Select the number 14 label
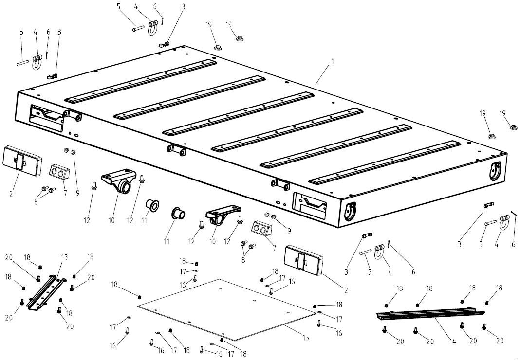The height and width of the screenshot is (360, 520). [x=453, y=342]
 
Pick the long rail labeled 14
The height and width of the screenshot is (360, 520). [x=431, y=314]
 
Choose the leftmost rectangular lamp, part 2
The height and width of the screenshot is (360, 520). [x=22, y=160]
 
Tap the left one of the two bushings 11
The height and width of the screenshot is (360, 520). [x=152, y=206]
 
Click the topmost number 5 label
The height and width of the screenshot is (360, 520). [x=118, y=6]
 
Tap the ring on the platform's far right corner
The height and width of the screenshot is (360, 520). [x=496, y=170]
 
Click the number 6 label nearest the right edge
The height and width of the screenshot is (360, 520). [x=513, y=245]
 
